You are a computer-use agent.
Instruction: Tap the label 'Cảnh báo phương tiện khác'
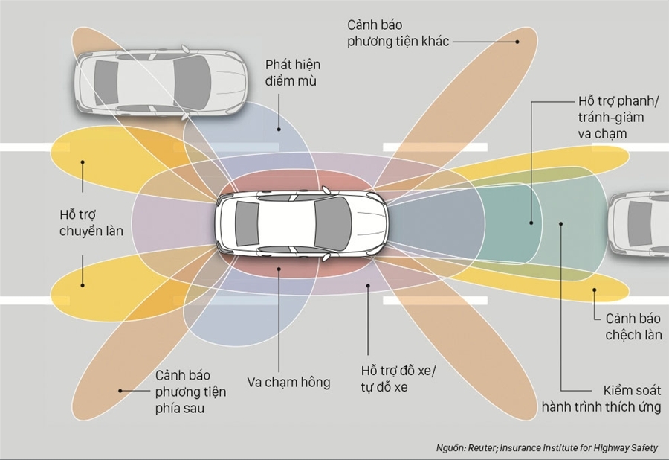tap(398, 33)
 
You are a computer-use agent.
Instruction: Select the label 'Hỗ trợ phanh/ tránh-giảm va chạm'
tap(610, 117)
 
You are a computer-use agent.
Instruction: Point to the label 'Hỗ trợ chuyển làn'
tap(91, 222)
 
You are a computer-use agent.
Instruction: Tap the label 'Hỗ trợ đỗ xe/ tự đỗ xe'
tap(400, 379)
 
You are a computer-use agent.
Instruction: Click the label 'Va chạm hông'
tap(288, 383)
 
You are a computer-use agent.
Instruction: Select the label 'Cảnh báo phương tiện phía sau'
tap(190, 392)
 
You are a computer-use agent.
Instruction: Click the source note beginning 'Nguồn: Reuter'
tap(546, 448)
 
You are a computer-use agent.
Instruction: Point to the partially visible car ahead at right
tap(639, 223)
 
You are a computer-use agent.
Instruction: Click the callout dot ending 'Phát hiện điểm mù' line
tap(279, 129)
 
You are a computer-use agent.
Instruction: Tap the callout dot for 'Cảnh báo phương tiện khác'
tap(517, 42)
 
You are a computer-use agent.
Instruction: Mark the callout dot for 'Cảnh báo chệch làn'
tap(595, 291)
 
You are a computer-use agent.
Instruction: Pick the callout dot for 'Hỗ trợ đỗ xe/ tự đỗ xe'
tap(368, 285)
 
